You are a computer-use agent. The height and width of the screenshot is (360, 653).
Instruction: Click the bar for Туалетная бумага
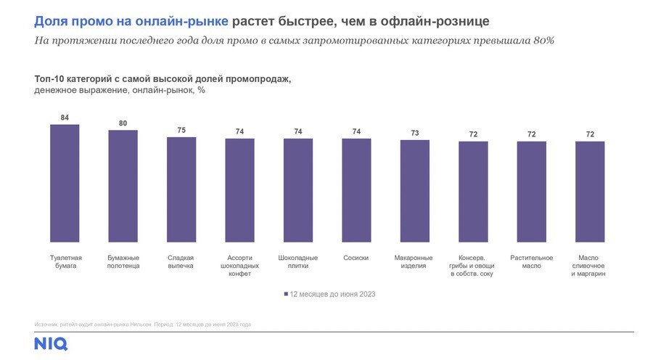coord(65,183)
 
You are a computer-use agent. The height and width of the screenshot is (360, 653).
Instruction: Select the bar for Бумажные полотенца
coord(123,186)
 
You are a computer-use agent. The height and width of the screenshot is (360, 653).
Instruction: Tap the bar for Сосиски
coord(356,190)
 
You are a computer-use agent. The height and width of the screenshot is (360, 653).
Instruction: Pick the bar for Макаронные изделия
coord(414,191)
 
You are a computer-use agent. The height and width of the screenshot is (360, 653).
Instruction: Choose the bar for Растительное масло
coord(531,192)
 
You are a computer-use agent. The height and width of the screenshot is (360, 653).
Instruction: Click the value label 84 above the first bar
coord(65,117)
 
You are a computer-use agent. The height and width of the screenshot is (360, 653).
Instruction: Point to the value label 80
coord(123,123)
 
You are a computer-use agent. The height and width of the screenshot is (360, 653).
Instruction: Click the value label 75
coord(181,131)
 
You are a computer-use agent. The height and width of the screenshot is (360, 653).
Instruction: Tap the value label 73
coord(414,133)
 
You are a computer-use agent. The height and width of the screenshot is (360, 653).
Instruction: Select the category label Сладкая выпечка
coord(181,262)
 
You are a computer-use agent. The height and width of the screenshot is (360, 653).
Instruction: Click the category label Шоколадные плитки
coord(297,262)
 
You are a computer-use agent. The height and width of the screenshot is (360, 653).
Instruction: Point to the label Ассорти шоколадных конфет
coord(239,266)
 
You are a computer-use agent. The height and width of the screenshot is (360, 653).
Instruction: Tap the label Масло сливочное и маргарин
coord(589,266)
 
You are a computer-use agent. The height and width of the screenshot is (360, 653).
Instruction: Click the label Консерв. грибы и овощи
coord(472,266)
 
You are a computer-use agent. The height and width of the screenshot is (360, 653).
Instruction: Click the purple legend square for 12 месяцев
coord(285,294)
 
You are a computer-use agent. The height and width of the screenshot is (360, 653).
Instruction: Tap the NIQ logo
coord(50,343)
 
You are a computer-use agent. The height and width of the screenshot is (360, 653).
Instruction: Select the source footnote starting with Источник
coord(142,324)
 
